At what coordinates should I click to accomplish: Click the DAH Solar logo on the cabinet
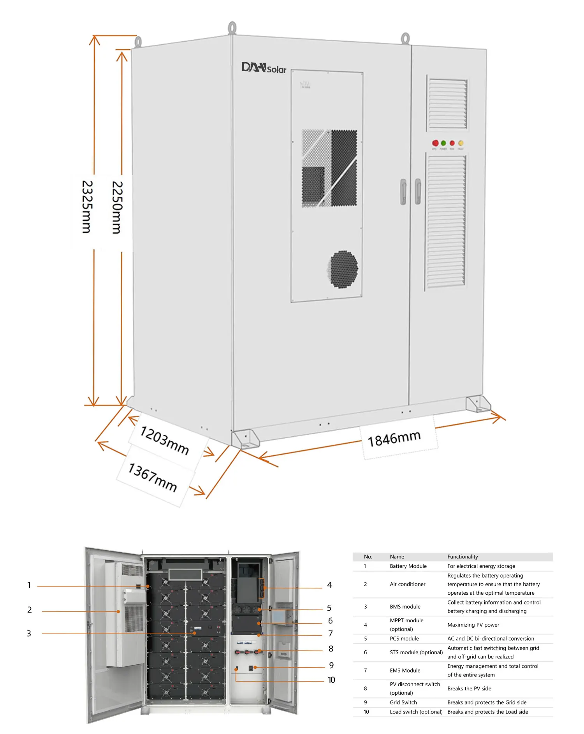coord(264,68)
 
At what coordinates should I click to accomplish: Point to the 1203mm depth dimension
coord(164,440)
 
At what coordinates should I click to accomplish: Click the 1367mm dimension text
coord(153,477)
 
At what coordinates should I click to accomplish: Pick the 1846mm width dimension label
coord(394,438)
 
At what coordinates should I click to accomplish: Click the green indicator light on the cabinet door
coord(443,143)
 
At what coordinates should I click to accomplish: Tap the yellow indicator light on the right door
coord(461,143)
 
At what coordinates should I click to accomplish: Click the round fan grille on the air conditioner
coord(343,269)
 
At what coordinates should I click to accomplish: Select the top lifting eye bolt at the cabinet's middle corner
coord(232,28)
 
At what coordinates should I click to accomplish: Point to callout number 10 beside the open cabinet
coord(331,680)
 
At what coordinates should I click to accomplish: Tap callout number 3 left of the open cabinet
coord(29,634)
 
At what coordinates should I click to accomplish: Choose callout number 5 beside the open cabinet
coord(329,608)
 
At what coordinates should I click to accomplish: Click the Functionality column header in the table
coord(463,557)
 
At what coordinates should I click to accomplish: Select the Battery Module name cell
coord(408,566)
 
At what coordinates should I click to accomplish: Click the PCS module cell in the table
coord(404,639)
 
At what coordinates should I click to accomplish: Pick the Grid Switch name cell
coord(403,702)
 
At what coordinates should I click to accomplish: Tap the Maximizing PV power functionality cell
coord(473,625)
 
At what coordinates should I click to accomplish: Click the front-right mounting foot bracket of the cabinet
coord(478,404)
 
